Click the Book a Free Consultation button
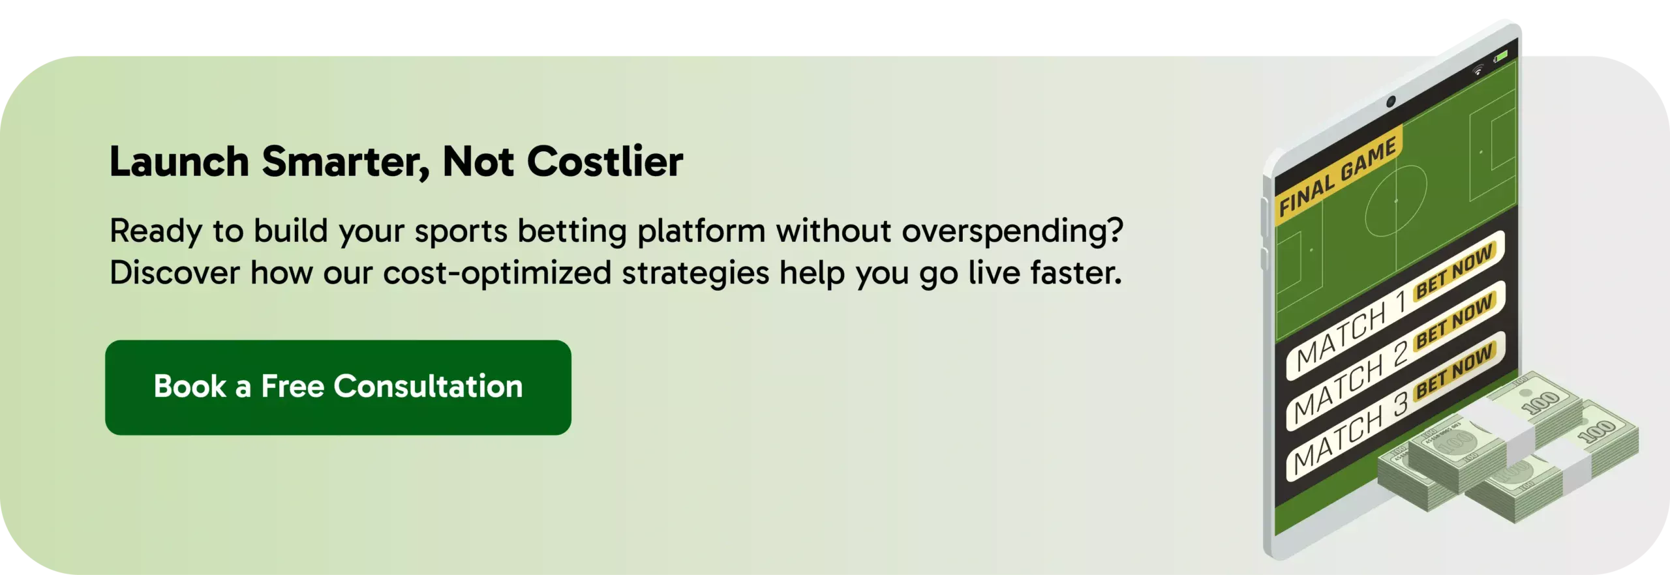click(338, 387)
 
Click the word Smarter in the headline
click(346, 162)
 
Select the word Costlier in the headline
click(605, 161)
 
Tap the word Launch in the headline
click(179, 161)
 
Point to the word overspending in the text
click(1012, 232)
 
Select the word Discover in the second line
click(175, 273)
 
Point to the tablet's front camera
click(1391, 101)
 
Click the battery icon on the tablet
click(1501, 57)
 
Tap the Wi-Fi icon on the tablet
click(1478, 70)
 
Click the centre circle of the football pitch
click(1396, 201)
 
